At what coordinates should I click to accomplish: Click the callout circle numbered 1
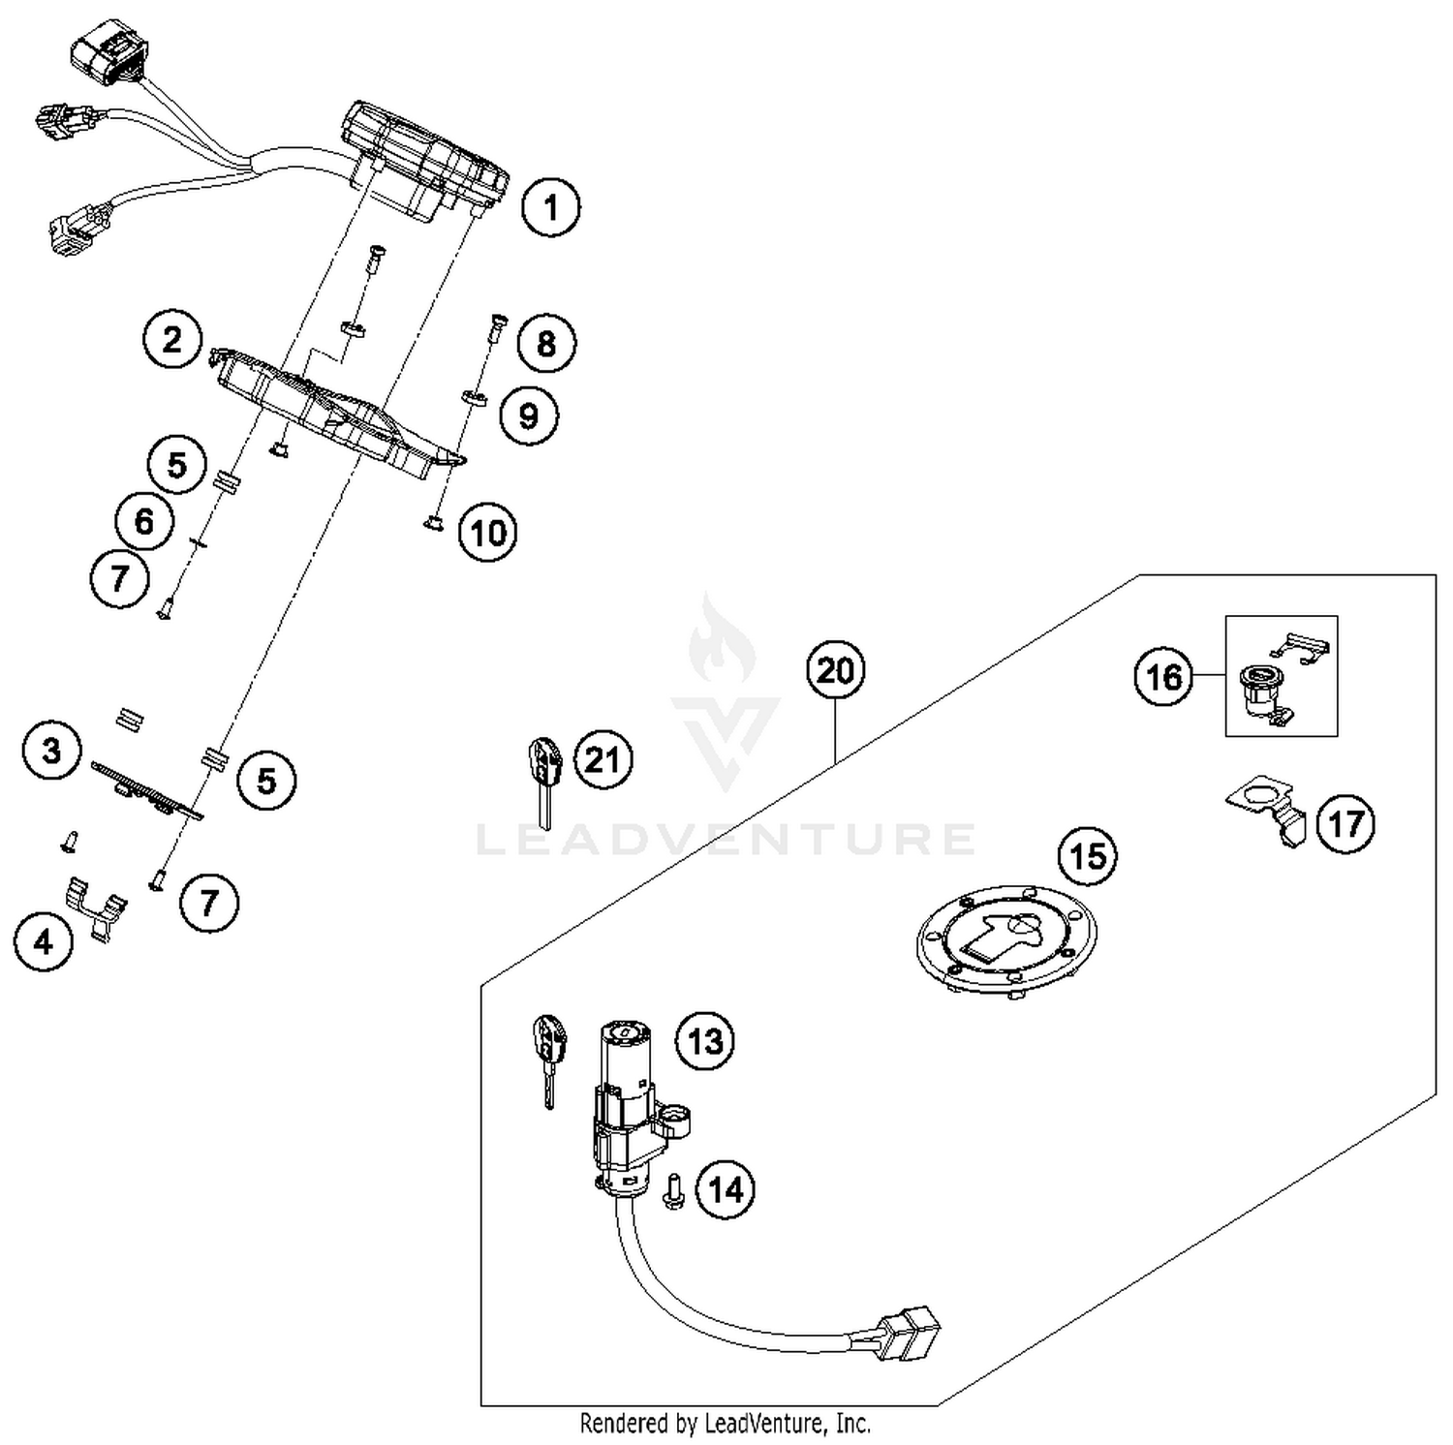click(551, 208)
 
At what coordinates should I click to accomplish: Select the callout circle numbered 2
click(172, 340)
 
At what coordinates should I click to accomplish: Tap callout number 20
click(835, 670)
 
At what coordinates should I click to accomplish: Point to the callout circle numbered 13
click(705, 1042)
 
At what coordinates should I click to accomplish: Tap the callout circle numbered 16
click(1163, 676)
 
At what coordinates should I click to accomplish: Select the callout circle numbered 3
click(52, 750)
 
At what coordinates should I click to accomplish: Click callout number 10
click(488, 533)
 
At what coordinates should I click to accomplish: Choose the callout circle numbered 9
click(529, 416)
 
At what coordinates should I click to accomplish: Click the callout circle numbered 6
click(144, 521)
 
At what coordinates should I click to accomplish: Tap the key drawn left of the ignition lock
click(547, 1056)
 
